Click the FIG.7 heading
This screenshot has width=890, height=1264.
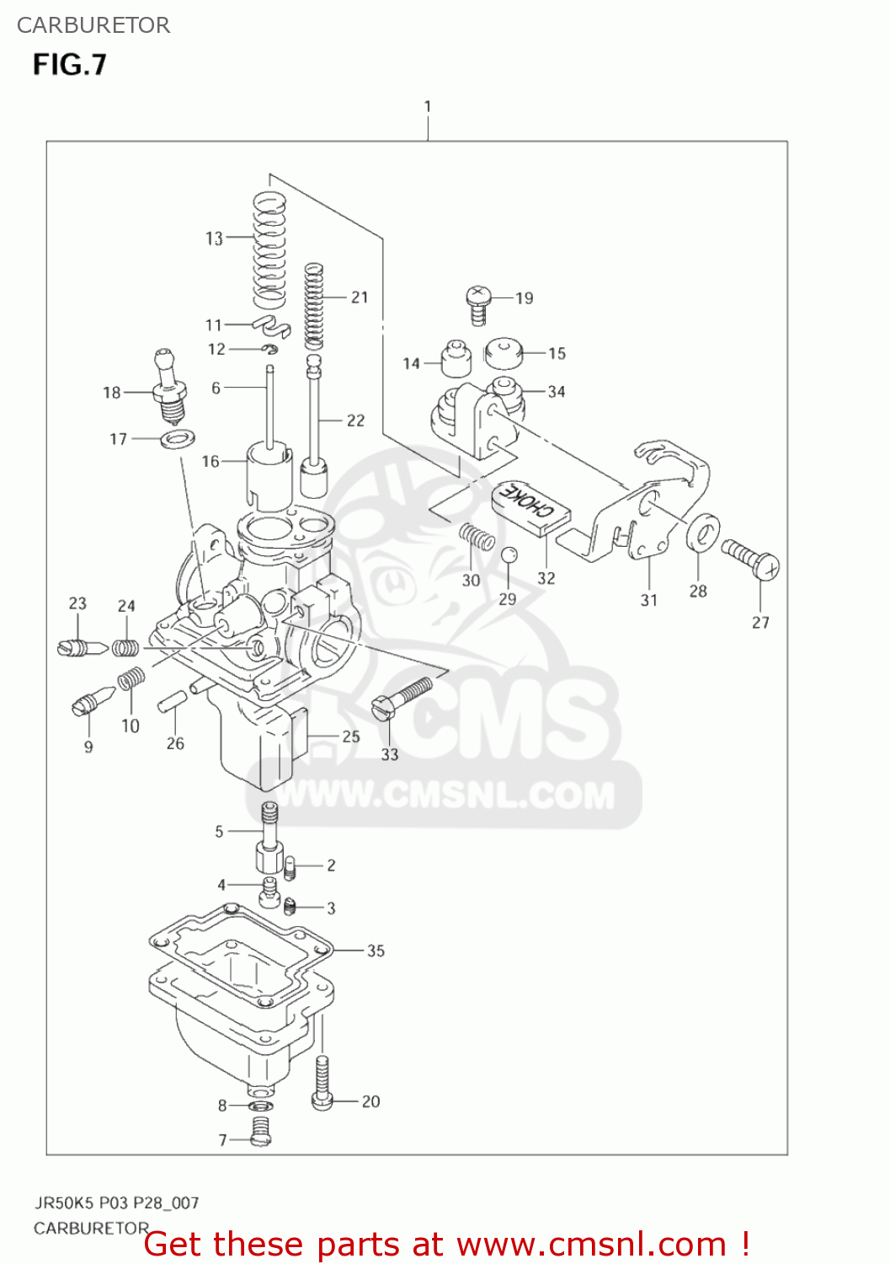(70, 65)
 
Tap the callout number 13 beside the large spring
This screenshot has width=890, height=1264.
(214, 238)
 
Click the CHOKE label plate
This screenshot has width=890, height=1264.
(531, 507)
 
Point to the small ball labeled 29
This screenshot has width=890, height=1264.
(509, 555)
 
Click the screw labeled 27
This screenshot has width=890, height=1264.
(751, 558)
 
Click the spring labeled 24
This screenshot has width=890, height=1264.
(126, 647)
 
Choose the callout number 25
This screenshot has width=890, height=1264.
(351, 736)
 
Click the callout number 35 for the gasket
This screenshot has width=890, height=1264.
(376, 951)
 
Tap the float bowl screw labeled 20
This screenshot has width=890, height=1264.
(322, 1084)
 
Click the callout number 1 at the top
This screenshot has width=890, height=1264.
(428, 107)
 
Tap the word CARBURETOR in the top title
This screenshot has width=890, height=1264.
(93, 25)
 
